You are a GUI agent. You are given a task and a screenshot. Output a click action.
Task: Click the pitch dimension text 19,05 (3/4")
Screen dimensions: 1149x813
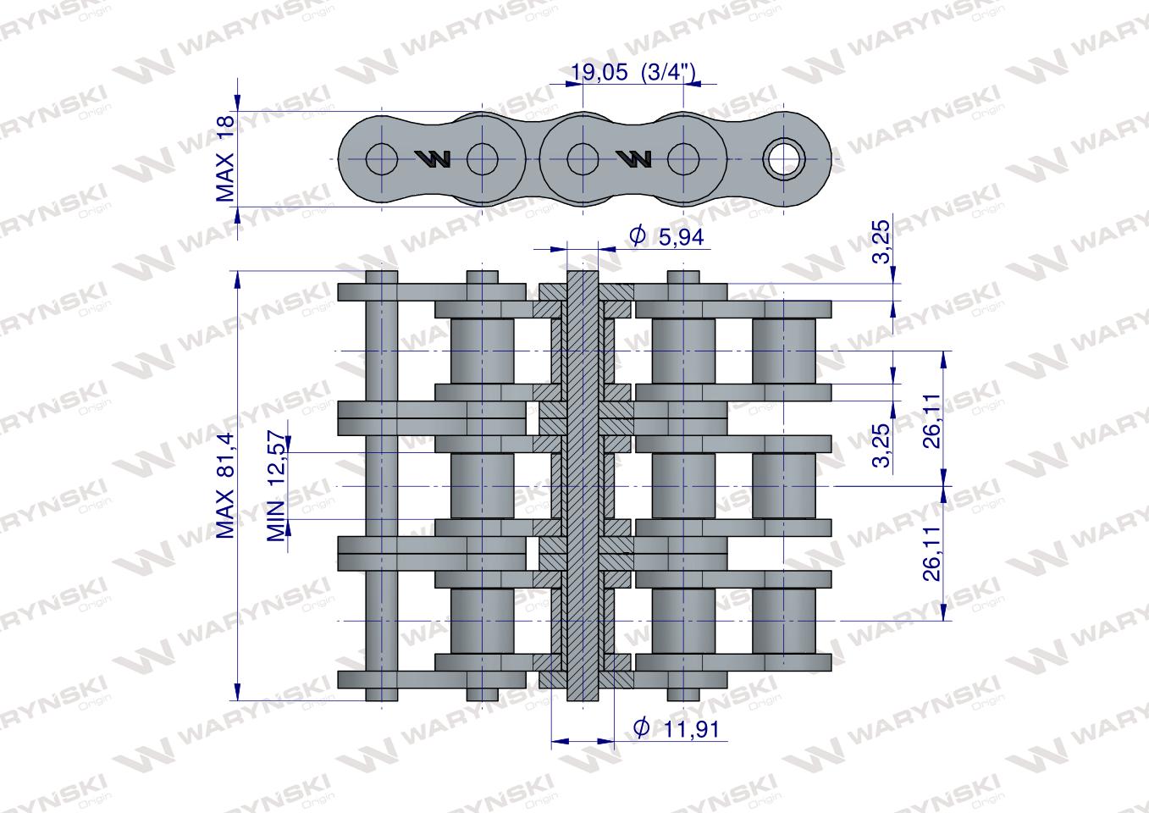point(633,72)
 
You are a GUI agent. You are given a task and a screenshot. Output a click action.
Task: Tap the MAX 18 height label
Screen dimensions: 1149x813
point(225,158)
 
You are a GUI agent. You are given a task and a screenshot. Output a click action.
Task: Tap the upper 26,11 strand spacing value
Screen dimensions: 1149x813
point(931,421)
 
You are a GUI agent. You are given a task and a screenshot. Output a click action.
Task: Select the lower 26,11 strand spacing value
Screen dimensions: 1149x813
point(931,554)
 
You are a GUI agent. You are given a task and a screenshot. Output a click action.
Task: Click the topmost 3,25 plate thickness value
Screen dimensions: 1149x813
point(881,241)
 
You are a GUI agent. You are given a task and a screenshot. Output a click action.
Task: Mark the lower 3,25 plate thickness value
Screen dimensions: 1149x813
point(881,445)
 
